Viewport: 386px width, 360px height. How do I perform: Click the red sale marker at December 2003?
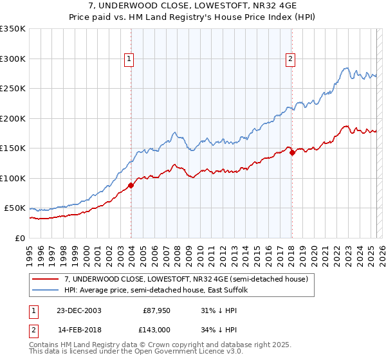click(x=131, y=185)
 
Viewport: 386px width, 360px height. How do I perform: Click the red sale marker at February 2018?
click(x=291, y=152)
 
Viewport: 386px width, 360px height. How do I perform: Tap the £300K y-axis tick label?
click(x=12, y=59)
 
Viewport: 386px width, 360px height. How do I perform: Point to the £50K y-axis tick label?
click(x=14, y=208)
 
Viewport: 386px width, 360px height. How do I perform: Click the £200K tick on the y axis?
click(x=12, y=118)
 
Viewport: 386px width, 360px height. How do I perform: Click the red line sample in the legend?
click(x=46, y=279)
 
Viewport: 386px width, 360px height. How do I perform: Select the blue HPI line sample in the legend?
click(x=46, y=290)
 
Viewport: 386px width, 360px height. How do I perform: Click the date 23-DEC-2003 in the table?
click(x=79, y=310)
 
